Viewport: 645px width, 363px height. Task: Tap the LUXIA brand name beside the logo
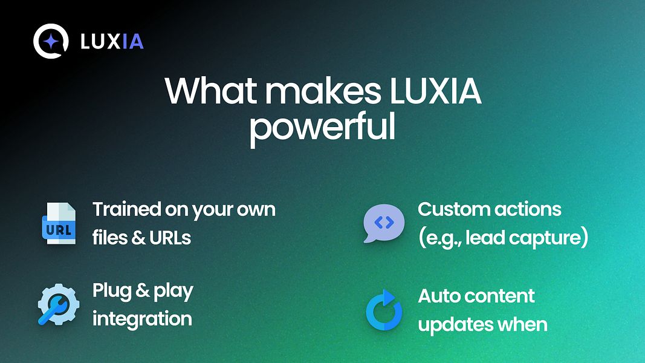click(x=112, y=42)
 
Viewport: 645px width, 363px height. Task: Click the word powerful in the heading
click(x=322, y=128)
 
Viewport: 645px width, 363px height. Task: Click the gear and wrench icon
click(x=58, y=305)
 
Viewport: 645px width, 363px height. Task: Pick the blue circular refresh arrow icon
click(x=384, y=310)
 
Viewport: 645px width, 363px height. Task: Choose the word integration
click(x=142, y=318)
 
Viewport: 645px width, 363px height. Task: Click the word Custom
click(x=452, y=210)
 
